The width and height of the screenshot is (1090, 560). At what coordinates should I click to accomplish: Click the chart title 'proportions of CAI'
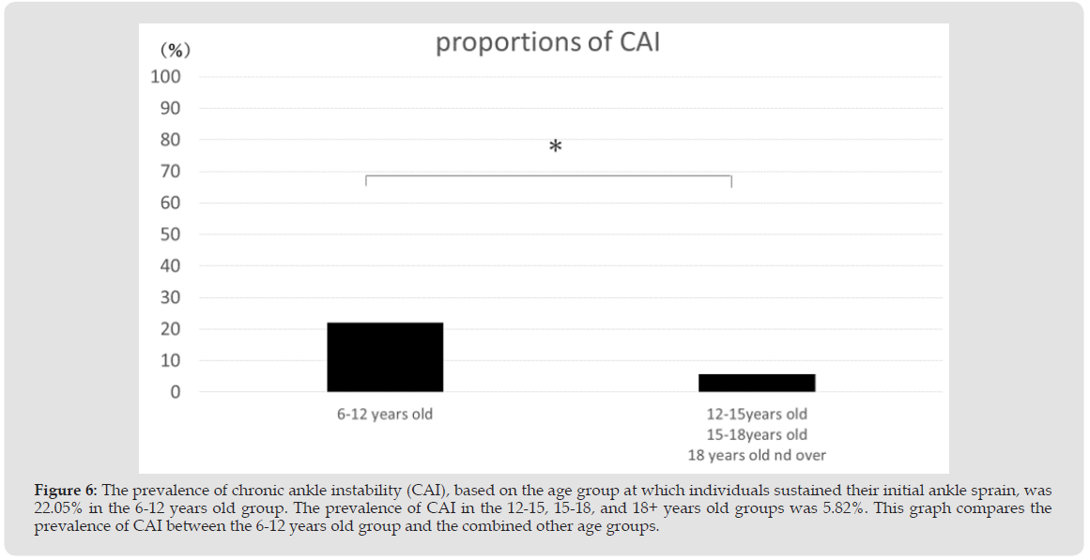point(547,43)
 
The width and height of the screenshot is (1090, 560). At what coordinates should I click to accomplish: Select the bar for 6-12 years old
point(385,357)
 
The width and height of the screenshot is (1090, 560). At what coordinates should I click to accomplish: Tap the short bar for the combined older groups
point(757,383)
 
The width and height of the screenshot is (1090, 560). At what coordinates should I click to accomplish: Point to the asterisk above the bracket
point(556,147)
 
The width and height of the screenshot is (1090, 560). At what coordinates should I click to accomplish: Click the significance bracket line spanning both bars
point(548,175)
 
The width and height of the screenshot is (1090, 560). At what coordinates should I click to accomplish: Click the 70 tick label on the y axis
point(170,172)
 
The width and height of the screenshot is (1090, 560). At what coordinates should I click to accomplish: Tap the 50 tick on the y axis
point(170,235)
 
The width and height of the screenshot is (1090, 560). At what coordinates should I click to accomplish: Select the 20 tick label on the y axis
point(170,329)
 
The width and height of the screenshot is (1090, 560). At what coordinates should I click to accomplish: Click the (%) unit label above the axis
point(175,49)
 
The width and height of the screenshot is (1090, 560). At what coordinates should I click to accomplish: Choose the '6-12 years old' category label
point(385,414)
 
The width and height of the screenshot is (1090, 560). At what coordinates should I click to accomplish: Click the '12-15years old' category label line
point(757,414)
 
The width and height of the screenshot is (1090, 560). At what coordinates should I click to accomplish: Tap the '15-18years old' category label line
point(757,434)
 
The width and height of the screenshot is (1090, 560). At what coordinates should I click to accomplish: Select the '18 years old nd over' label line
point(757,456)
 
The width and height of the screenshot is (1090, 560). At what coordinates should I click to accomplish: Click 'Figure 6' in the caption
point(65,491)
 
